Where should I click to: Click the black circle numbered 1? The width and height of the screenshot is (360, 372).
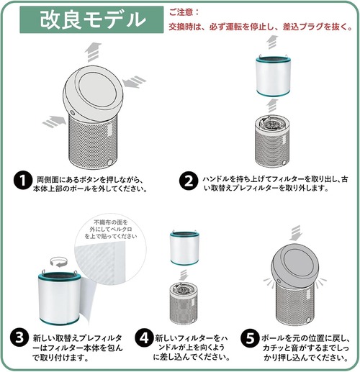click(x=23, y=181)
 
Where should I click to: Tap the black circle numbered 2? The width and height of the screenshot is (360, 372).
click(x=189, y=181)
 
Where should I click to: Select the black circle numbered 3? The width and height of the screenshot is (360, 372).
click(x=19, y=337)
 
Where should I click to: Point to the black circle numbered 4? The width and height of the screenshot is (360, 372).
click(x=144, y=337)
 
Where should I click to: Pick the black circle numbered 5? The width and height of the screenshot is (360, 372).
click(x=250, y=337)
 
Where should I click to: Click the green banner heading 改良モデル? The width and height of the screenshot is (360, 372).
click(x=91, y=19)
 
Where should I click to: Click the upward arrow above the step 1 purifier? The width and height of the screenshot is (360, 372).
click(x=93, y=52)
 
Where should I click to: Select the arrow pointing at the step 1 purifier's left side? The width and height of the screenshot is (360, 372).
click(x=55, y=121)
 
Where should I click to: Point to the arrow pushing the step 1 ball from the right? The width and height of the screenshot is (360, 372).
click(x=134, y=81)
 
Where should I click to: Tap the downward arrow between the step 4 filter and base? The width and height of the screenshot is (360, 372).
click(x=184, y=275)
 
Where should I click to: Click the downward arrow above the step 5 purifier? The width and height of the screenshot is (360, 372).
click(x=295, y=232)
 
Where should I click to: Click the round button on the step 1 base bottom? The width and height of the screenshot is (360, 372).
click(x=110, y=162)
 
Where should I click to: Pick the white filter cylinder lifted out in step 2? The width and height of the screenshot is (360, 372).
click(x=273, y=76)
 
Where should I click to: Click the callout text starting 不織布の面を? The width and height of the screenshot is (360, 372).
click(x=111, y=230)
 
